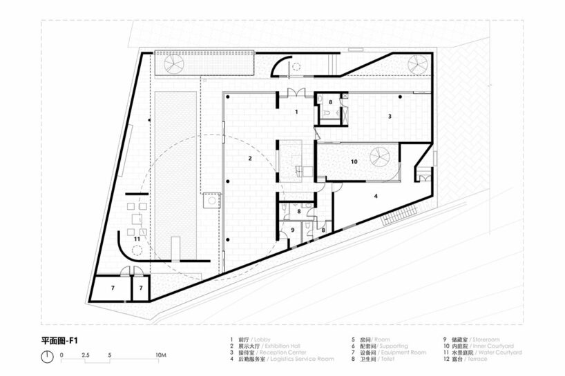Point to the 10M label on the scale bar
[160, 355]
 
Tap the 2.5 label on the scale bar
[86, 355]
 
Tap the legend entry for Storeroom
[470, 340]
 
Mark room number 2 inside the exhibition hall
[250, 159]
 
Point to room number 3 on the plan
[390, 117]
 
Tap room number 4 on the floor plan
[376, 197]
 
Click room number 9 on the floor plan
[292, 230]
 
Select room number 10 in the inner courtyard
[354, 161]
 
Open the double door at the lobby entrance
[296, 95]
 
